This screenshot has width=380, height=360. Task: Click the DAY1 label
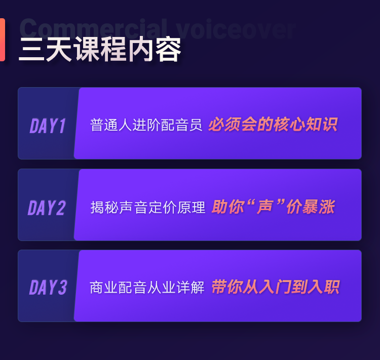coord(48,126)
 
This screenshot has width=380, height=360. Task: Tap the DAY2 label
coord(47,208)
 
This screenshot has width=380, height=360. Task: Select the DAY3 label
coord(48,287)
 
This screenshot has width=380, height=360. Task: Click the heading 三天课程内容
coord(100,49)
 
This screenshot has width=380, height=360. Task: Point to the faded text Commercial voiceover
coord(158,28)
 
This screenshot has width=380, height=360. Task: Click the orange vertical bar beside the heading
coord(3,39)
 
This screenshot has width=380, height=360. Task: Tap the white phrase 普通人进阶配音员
coord(146,125)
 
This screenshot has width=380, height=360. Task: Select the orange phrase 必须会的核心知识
coord(273,125)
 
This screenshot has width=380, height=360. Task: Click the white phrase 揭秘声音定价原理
coord(148,208)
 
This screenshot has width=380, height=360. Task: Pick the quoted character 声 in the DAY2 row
coord(265,207)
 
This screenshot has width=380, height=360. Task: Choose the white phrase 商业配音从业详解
coord(147,287)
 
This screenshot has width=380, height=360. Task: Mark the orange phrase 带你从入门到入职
coord(275,287)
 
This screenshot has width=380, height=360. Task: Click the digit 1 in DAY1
coord(62,126)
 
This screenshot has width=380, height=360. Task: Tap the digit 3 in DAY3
coord(62,287)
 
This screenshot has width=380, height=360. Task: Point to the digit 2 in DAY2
coord(61,208)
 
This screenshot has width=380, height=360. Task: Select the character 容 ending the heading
coord(168,49)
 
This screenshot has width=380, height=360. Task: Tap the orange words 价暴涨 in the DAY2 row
coord(311,207)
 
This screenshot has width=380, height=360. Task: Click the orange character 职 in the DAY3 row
coord(331,287)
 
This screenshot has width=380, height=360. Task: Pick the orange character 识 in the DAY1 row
coord(330,125)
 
